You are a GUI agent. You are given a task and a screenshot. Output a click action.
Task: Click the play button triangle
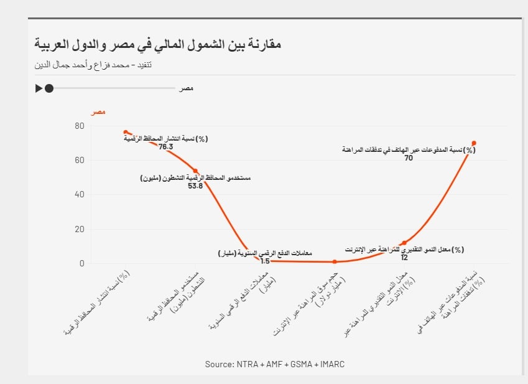pos(39,88)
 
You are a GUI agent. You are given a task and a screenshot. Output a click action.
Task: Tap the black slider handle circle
pos(49,88)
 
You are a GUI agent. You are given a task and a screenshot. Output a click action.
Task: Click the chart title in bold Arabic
pos(158,45)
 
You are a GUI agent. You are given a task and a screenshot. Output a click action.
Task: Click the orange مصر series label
pos(98,112)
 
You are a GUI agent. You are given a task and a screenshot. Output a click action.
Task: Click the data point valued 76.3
pos(126,132)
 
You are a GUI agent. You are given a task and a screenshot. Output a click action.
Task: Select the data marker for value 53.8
pos(195,171)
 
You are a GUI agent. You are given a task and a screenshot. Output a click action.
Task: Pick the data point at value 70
pos(474,143)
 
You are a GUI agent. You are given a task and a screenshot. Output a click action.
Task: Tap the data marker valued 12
pos(404,243)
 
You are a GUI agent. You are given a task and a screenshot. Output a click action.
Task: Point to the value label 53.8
pos(195,185)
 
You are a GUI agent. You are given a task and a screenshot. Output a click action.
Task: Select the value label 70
pos(409,158)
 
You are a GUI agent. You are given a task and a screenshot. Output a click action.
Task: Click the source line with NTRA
pos(274,364)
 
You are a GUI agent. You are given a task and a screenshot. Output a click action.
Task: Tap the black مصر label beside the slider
pos(186,89)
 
